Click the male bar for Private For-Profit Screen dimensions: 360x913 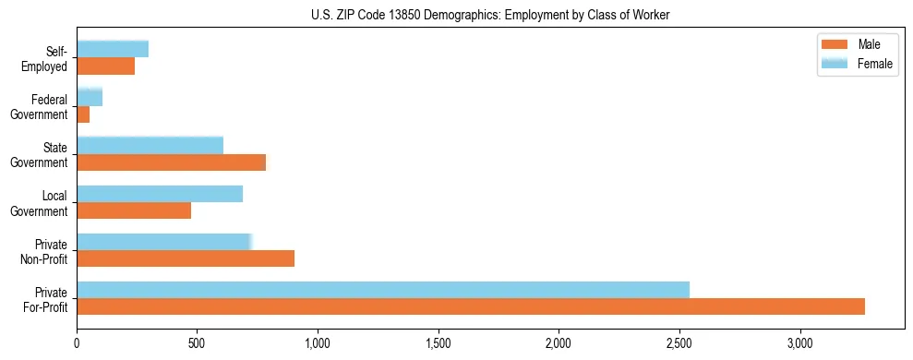tap(471, 306)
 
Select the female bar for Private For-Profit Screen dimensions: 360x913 tap(383, 290)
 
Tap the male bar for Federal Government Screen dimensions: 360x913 tap(83, 114)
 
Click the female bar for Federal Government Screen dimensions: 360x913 tap(90, 98)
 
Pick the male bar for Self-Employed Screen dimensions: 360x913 tap(105, 66)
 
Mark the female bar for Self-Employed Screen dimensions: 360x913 tap(113, 50)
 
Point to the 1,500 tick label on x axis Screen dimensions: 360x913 tap(438, 343)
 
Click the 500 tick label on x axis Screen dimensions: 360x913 tap(198, 343)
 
